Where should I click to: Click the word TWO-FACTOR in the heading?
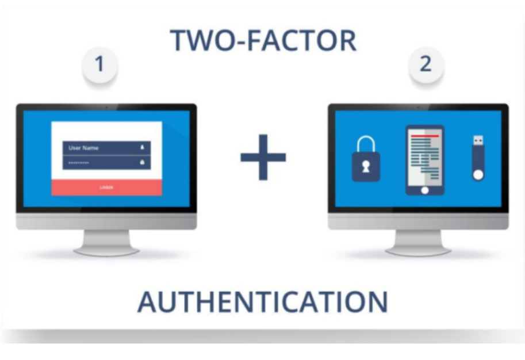[263, 41]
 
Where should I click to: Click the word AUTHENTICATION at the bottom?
[262, 302]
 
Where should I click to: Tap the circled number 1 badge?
[100, 64]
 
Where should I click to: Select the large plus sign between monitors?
[263, 157]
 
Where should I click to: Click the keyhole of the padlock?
[366, 168]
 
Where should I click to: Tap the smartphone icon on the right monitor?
[424, 160]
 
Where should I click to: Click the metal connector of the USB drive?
[478, 140]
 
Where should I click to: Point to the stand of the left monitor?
[106, 242]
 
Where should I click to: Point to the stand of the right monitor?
[418, 242]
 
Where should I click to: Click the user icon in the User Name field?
[141, 148]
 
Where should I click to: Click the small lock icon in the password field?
[141, 163]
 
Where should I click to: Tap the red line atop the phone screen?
[424, 136]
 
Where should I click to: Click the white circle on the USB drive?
[478, 173]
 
